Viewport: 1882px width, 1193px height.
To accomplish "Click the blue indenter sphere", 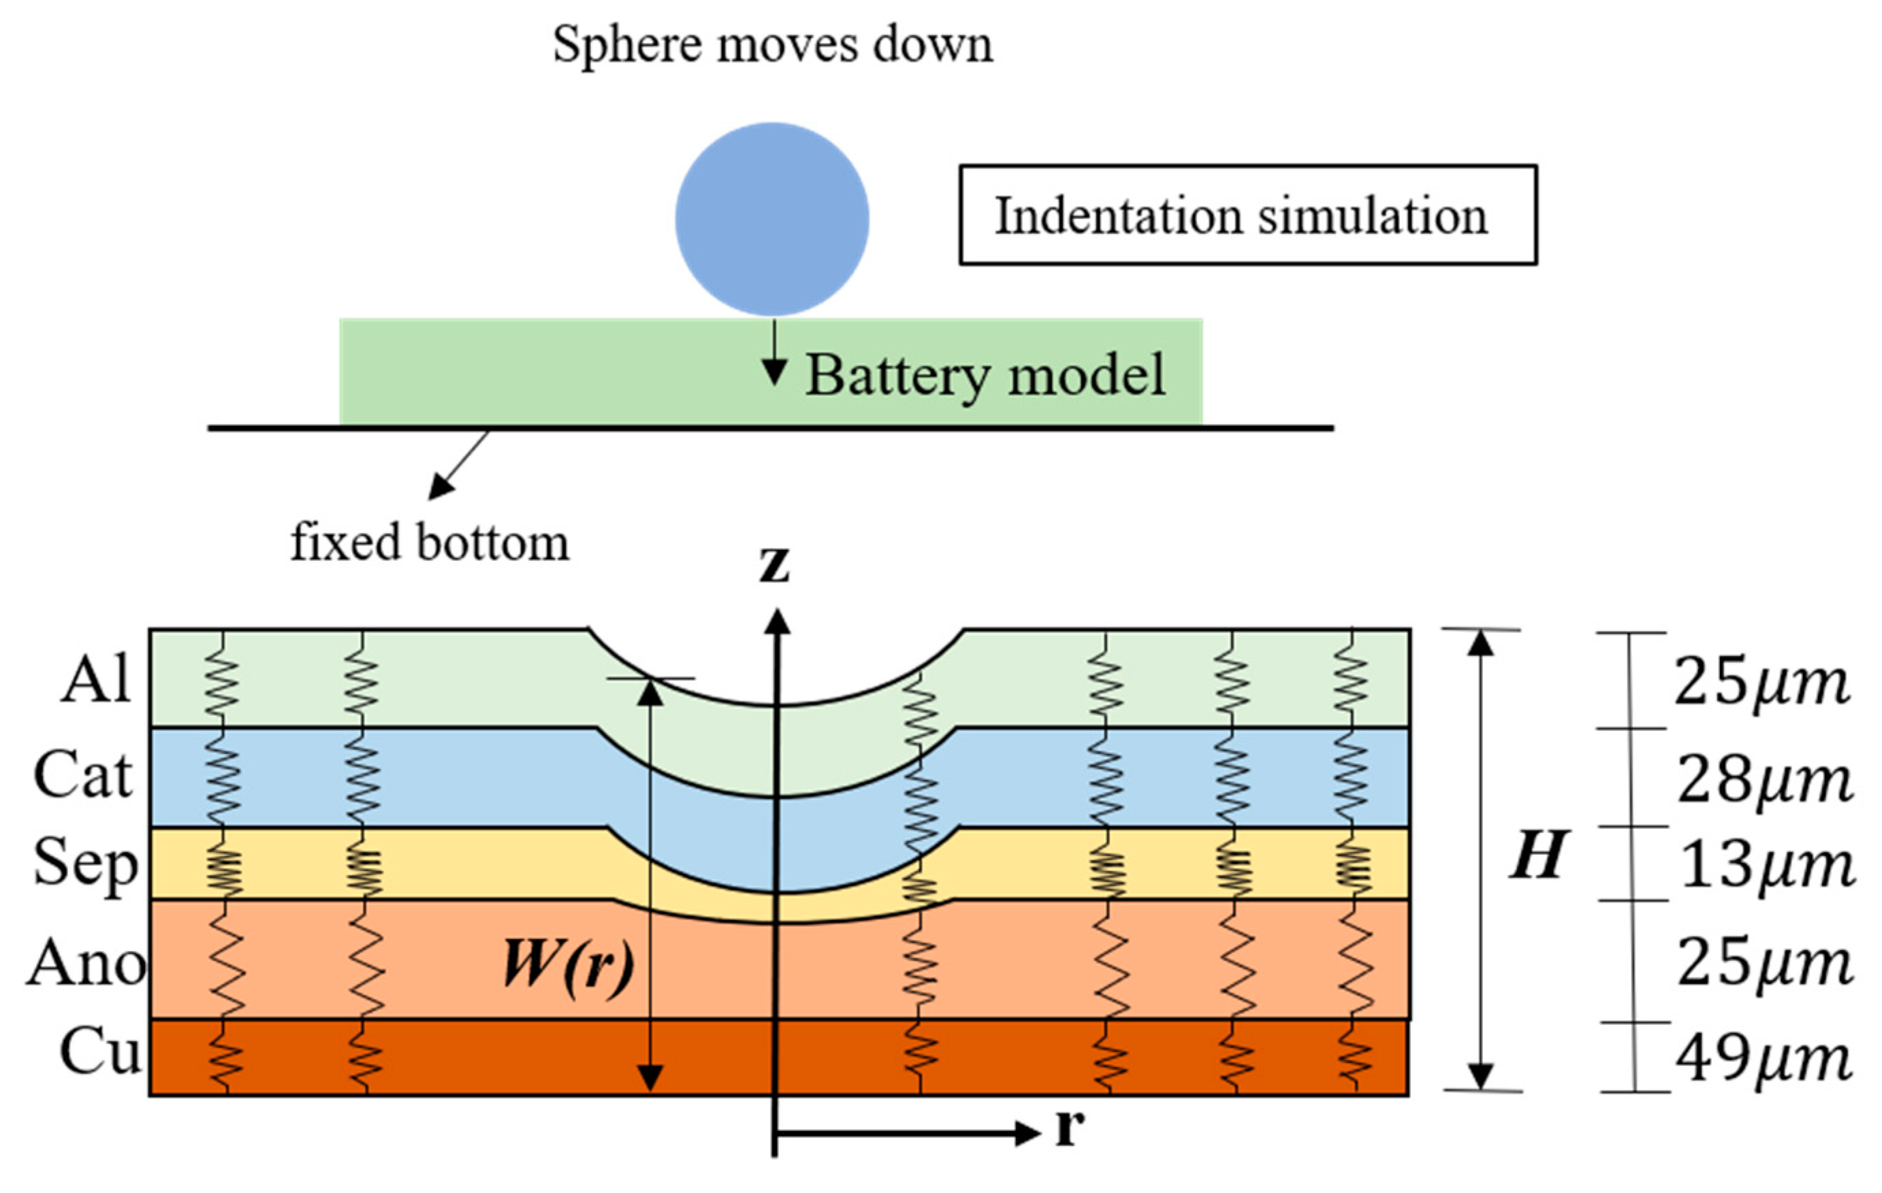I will click(x=771, y=218).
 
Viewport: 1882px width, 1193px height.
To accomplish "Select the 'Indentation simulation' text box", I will click(x=1247, y=215).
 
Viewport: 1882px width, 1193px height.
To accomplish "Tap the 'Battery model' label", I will click(x=985, y=376).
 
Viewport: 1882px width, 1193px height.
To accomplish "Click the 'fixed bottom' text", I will click(x=430, y=542).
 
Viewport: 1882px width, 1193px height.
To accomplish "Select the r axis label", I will click(x=1070, y=1126).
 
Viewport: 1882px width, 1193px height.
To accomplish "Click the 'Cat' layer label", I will click(x=83, y=775).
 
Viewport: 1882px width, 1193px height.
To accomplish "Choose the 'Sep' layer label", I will click(x=84, y=864).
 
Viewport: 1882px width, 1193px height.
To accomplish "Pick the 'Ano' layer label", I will click(x=86, y=963).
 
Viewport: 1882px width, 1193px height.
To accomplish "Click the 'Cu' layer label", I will click(x=100, y=1051).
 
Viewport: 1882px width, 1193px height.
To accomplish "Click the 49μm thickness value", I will click(x=1764, y=1060).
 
